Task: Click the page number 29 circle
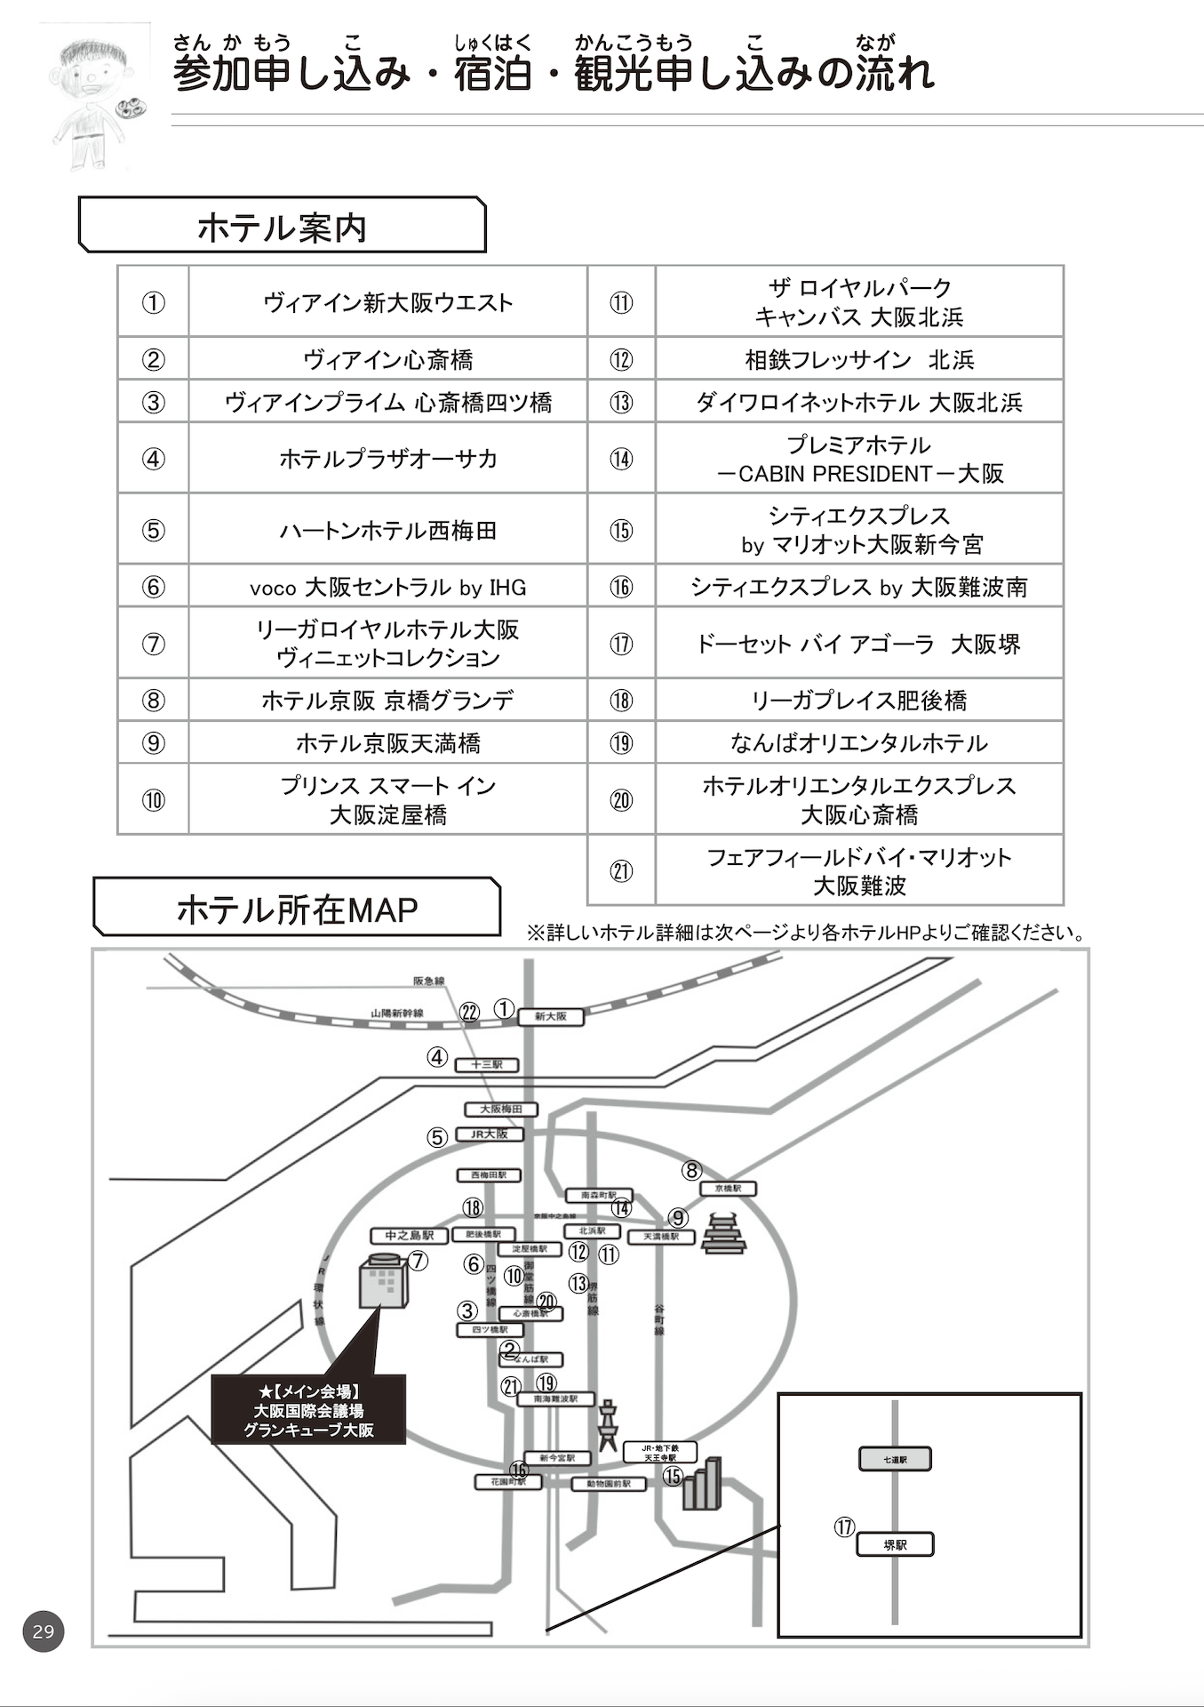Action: [44, 1631]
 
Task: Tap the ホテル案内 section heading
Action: [282, 228]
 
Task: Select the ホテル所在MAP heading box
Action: [297, 909]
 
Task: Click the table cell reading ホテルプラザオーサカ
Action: [387, 459]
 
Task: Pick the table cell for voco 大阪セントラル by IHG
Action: [387, 587]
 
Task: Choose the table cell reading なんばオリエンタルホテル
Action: [858, 742]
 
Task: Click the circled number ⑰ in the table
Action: [621, 644]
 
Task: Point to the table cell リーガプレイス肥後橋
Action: [858, 701]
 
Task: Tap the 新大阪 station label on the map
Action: [551, 1016]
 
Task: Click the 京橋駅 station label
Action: [728, 1188]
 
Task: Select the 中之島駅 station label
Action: [410, 1236]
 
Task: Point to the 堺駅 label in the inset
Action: [895, 1545]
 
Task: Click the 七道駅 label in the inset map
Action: [895, 1459]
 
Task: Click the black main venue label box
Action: [308, 1410]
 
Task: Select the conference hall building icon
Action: [383, 1280]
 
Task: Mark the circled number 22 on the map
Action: [469, 1012]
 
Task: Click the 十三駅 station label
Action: [486, 1064]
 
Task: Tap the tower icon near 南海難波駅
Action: [608, 1424]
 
